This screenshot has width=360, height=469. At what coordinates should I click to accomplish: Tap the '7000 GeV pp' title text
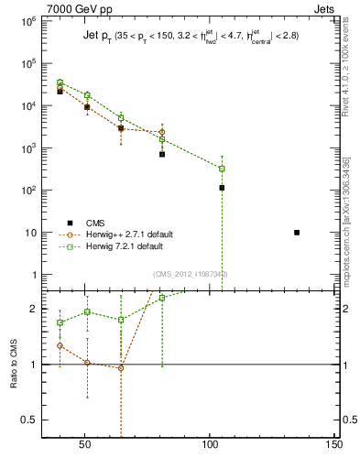pos(60,7)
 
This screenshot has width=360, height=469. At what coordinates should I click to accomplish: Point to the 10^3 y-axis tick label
pos(28,148)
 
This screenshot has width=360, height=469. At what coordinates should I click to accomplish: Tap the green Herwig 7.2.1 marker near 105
pos(222,169)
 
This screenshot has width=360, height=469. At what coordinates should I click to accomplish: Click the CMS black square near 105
pos(222,188)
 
